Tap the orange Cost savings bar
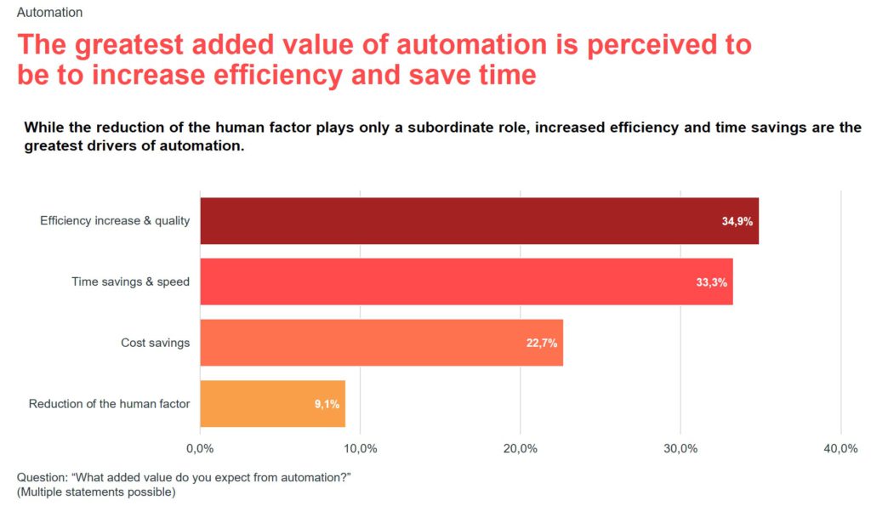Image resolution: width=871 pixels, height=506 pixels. click(x=381, y=343)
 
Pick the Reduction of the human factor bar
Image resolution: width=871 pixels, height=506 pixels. click(x=272, y=404)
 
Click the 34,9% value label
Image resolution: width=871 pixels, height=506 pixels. click(x=737, y=221)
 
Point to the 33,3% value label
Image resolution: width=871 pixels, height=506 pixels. click(x=711, y=282)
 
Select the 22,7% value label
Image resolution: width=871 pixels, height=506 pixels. click(x=542, y=344)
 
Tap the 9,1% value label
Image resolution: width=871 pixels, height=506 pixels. click(x=327, y=405)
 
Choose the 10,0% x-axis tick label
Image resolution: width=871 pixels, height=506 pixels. click(x=360, y=449)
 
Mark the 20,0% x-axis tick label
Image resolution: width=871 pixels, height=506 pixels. click(x=520, y=449)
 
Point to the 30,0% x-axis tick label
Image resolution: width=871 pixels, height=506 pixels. click(x=680, y=449)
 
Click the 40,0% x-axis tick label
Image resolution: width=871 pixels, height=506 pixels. click(x=840, y=449)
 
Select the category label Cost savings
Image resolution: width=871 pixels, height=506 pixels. click(x=155, y=343)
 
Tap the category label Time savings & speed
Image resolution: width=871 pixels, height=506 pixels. click(x=130, y=282)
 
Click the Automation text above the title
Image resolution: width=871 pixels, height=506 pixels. click(x=49, y=13)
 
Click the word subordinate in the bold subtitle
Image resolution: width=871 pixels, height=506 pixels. click(x=436, y=128)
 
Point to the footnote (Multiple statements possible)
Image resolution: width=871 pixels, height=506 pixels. click(x=96, y=492)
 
